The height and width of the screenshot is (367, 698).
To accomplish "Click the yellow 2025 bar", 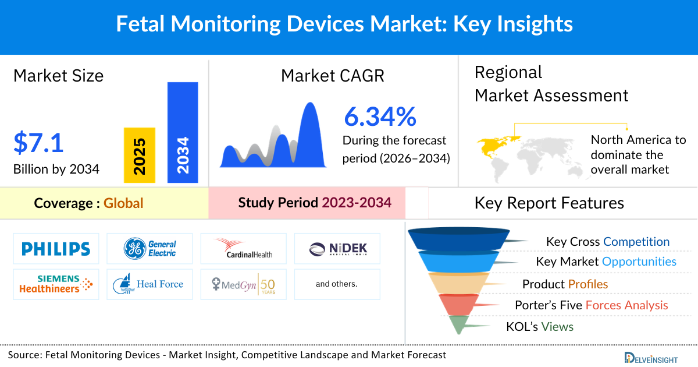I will (x=140, y=155).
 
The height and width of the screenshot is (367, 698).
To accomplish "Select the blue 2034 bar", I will (x=183, y=132).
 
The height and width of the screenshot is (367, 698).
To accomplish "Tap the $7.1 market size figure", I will (x=38, y=143).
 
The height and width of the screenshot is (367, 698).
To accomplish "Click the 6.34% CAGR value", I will (x=380, y=117).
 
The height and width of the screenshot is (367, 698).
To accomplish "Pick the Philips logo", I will (x=56, y=249).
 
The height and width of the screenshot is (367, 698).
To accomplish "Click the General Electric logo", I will (x=149, y=249).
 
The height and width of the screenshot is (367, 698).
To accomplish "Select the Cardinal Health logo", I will (x=243, y=249).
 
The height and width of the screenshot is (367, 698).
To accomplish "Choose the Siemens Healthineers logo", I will (x=56, y=284).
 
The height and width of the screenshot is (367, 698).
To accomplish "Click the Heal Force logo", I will (x=149, y=284).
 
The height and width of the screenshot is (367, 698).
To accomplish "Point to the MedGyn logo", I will (x=243, y=284).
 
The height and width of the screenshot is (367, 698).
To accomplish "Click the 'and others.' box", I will (x=337, y=284).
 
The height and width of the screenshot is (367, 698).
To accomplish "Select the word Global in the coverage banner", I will (x=123, y=203).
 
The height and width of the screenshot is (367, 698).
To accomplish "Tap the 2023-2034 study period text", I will (x=357, y=203).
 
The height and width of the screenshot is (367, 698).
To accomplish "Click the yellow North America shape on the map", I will (x=494, y=146).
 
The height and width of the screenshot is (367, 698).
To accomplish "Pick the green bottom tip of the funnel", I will (x=458, y=324).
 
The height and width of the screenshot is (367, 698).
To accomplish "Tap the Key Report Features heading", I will (x=549, y=203).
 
